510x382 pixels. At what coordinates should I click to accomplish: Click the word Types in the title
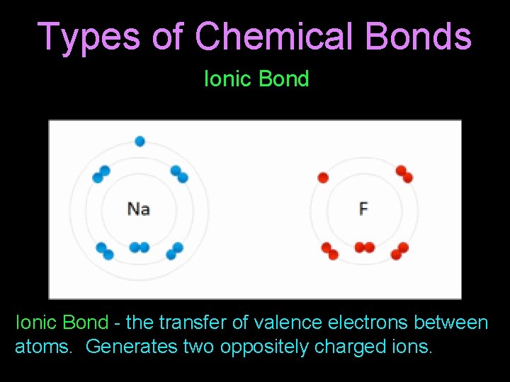[x=88, y=36]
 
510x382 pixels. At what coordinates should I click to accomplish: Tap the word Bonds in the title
[x=421, y=36]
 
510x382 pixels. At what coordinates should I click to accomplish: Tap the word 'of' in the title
[x=167, y=36]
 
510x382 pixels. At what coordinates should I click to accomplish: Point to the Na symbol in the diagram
[x=139, y=209]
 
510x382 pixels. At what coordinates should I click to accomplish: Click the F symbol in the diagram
[x=363, y=209]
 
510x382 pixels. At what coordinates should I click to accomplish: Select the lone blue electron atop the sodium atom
[x=140, y=141]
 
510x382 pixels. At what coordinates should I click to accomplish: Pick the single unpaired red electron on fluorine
[x=323, y=178]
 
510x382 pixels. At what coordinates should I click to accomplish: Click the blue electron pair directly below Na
[x=140, y=248]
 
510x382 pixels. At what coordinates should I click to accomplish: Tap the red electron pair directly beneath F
[x=364, y=248]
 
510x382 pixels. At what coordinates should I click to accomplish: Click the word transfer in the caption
[x=189, y=323]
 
